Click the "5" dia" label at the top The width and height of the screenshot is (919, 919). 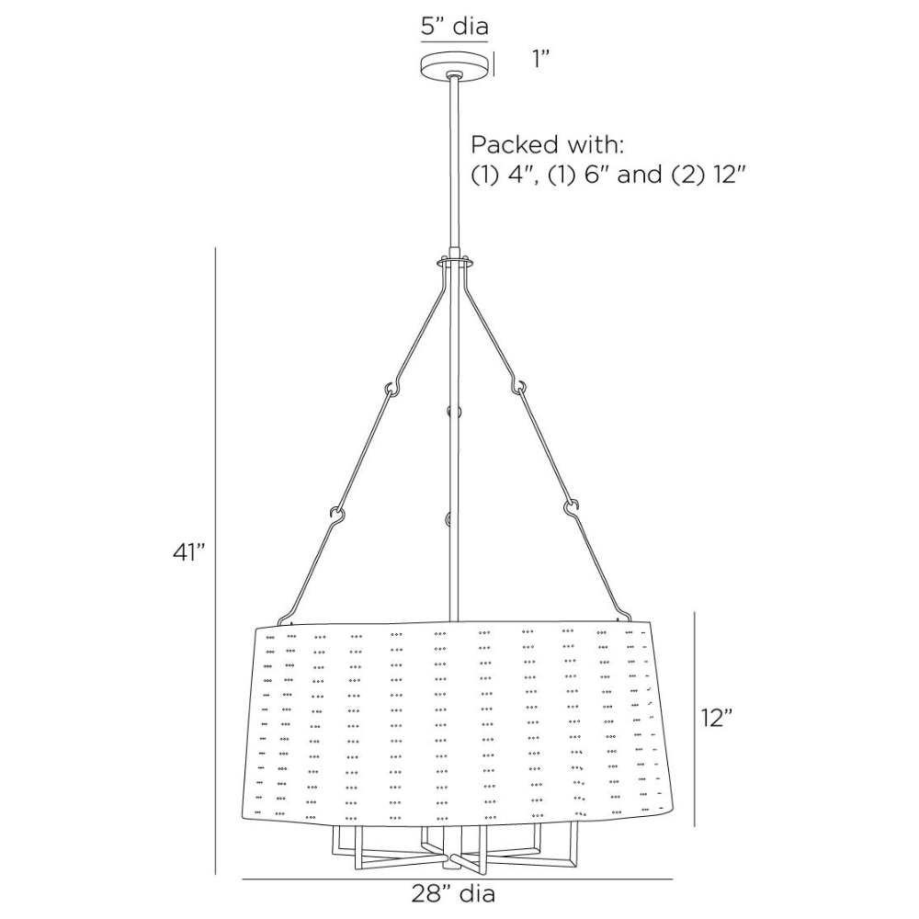pos(454,26)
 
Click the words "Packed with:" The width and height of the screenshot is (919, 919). pos(548,144)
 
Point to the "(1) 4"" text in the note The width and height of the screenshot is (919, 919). pos(504,175)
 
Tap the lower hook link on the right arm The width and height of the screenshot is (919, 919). pos(573,505)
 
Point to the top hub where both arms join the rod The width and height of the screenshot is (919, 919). pos(455,262)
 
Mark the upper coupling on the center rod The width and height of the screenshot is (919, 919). pos(449,411)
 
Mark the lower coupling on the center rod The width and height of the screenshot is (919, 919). pos(449,520)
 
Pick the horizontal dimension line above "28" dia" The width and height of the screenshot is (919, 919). pos(458,879)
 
